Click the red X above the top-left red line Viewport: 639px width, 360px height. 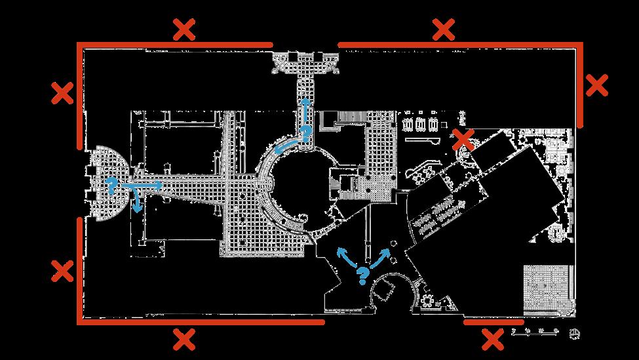point(184,30)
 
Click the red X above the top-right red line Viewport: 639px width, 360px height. point(444,29)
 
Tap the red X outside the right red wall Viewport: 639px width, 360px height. point(596,85)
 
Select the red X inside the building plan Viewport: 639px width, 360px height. point(463,138)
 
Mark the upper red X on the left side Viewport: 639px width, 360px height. point(62,93)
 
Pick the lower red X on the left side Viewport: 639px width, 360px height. point(62,270)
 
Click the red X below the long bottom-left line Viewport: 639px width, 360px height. point(184,339)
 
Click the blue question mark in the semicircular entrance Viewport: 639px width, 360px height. point(111,184)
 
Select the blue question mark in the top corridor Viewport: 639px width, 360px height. point(305,134)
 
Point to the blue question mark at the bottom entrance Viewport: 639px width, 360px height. point(361,275)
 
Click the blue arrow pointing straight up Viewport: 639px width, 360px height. point(305,110)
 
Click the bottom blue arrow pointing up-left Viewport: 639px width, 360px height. point(344,257)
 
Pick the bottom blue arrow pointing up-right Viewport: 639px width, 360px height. point(383,256)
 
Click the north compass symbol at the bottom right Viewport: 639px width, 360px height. point(574,333)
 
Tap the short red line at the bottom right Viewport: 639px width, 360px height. point(494,322)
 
